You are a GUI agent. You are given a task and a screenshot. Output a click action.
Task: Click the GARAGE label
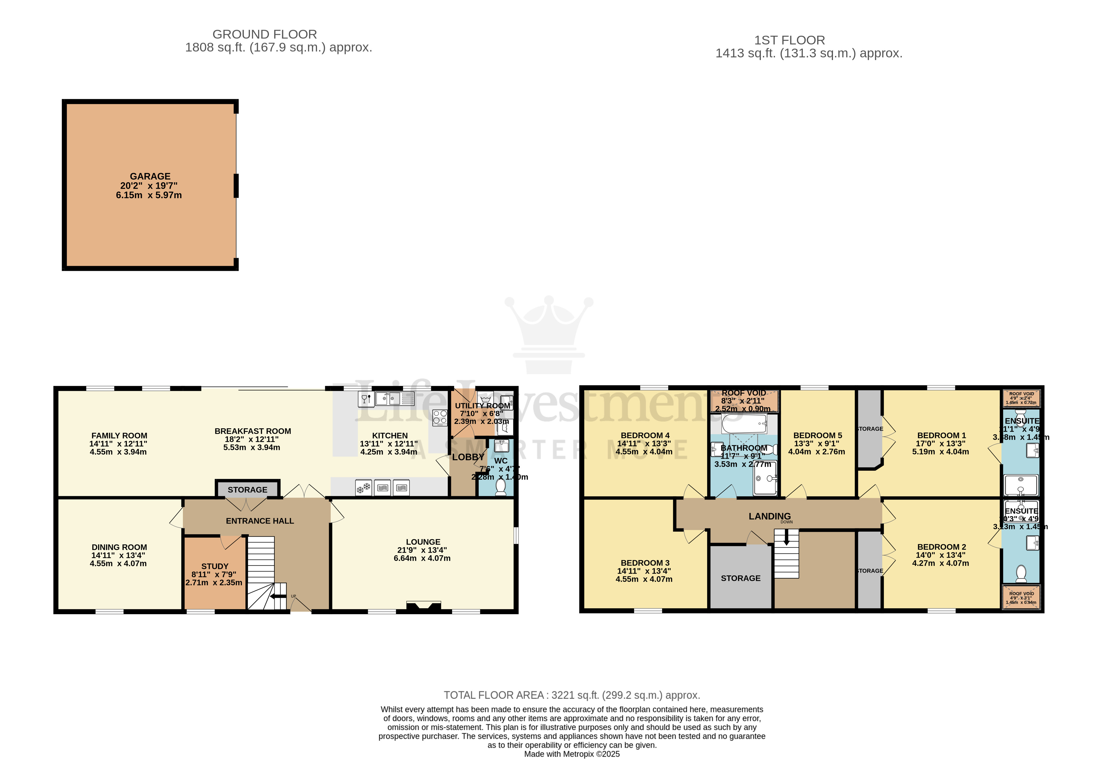click(x=150, y=176)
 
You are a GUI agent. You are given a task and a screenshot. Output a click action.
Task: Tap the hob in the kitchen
click(x=440, y=417)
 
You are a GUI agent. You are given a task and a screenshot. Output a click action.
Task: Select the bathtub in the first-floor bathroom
click(x=744, y=423)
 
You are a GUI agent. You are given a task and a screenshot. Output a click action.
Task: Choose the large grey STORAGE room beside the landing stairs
click(x=740, y=578)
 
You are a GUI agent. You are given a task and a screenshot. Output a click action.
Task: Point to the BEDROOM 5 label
click(x=817, y=436)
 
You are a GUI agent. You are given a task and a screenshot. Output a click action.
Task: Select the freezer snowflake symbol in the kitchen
click(x=364, y=487)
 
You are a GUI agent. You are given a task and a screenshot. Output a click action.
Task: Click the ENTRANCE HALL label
click(x=260, y=521)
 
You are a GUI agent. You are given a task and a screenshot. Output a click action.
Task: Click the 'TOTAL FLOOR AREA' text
click(x=493, y=695)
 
